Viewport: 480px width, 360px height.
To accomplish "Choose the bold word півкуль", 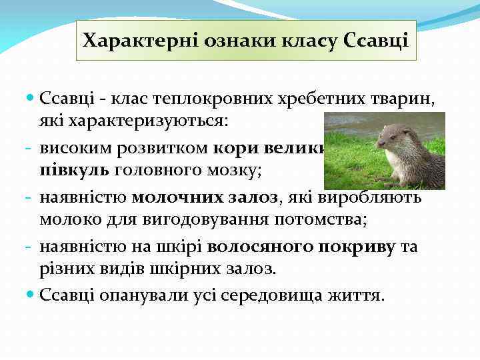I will pos(75,169).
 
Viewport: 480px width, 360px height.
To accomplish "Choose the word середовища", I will pos(257,294).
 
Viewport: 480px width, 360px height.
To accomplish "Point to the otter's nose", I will pos(380,144).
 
